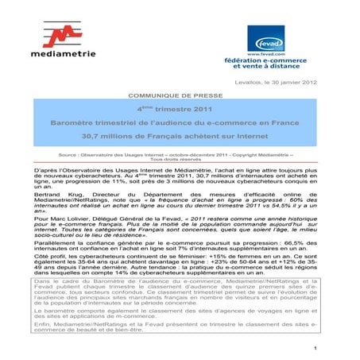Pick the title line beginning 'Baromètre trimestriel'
[x=179, y=123]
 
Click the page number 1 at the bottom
[x=315, y=348]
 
